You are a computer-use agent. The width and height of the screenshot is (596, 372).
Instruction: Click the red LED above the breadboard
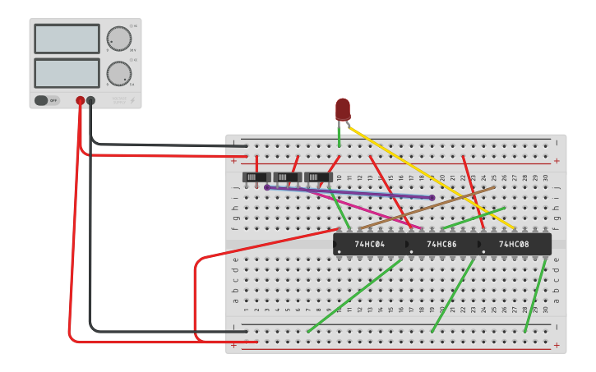coord(343,108)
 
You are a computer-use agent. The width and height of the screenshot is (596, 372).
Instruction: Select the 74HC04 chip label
coord(370,245)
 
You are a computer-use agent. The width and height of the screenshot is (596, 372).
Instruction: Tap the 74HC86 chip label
coord(441,245)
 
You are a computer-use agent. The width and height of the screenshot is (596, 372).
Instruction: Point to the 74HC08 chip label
coord(514,245)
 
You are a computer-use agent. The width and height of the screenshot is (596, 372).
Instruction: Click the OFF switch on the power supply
coord(47,100)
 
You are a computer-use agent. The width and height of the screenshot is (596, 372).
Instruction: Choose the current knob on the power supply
coord(118,73)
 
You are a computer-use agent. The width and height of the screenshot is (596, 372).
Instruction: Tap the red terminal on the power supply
coord(80,100)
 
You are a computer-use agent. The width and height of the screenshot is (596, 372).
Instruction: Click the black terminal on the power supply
coord(90,100)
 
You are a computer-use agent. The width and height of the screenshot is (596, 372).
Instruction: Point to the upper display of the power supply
coord(67,39)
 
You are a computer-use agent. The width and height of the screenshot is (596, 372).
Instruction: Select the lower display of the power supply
coord(67,73)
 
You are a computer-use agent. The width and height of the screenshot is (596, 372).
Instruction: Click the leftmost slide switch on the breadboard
coord(256,177)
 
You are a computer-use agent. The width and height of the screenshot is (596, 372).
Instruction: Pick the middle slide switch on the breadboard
coord(287,177)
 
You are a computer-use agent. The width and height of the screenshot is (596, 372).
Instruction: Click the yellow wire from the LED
coord(432,177)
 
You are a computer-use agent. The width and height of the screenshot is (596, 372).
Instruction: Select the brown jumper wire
coord(427,208)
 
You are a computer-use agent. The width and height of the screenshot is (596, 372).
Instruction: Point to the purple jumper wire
coord(349,192)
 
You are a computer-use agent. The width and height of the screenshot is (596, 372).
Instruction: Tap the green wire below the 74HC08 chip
coord(535,296)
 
